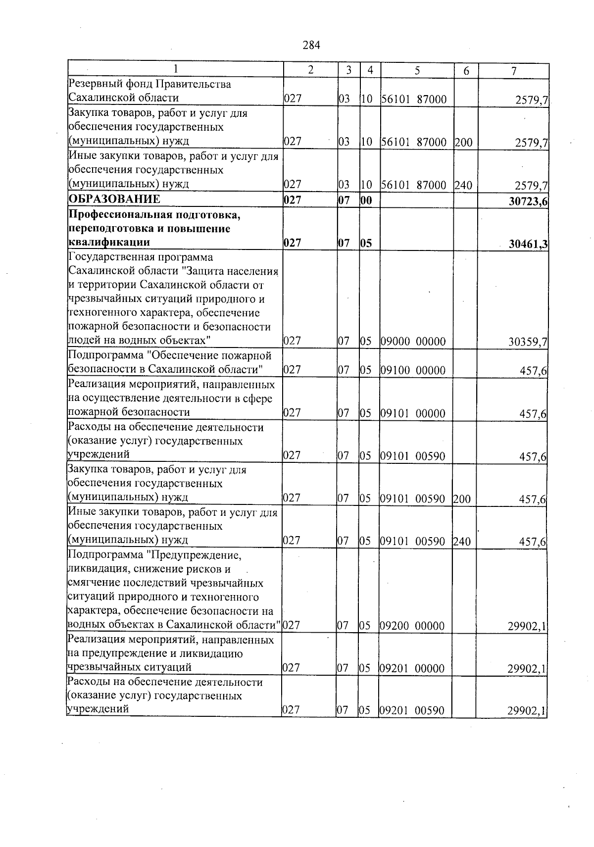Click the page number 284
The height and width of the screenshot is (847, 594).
click(x=311, y=46)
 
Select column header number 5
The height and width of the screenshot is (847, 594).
click(x=417, y=71)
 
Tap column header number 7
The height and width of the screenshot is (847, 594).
click(x=514, y=71)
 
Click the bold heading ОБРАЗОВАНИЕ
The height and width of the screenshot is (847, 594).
click(x=114, y=199)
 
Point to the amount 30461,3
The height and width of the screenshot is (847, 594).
click(x=528, y=244)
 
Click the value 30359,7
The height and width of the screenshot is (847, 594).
click(x=528, y=342)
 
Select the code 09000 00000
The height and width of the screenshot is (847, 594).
click(x=413, y=342)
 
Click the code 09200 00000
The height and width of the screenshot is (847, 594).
click(x=413, y=626)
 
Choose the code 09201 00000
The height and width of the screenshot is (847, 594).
click(x=413, y=669)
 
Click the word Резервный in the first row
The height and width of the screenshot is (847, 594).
click(x=92, y=84)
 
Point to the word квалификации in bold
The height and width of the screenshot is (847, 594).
click(x=109, y=243)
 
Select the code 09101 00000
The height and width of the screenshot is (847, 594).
click(x=413, y=413)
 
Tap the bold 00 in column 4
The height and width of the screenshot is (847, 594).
click(x=366, y=200)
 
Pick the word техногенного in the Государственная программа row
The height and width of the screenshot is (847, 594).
click(x=99, y=313)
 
